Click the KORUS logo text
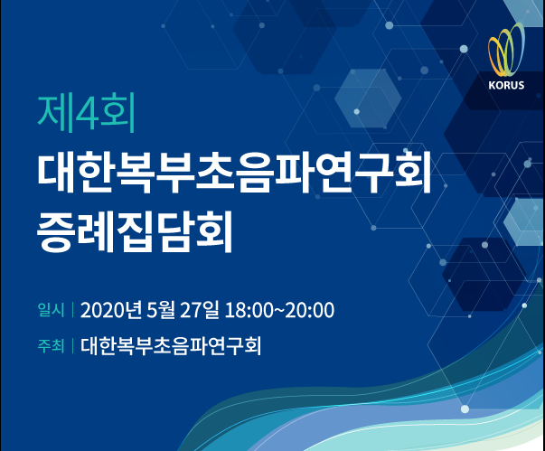coord(506,85)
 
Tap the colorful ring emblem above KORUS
coord(506,50)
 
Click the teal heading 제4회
coord(86,113)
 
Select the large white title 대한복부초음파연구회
coord(234,172)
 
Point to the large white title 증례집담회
coord(135,230)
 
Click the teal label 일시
coord(52,310)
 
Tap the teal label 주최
coord(52,346)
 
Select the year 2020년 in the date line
coord(111,310)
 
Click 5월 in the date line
coord(161,310)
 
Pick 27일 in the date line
coord(199,310)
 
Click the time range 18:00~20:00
coord(279,310)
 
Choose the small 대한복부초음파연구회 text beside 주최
coord(171,346)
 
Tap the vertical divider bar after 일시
coord(72,310)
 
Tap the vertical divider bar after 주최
coord(72,346)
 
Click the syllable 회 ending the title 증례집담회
coord(214,230)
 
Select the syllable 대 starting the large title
coord(56,172)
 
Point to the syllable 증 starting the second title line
coord(56,230)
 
